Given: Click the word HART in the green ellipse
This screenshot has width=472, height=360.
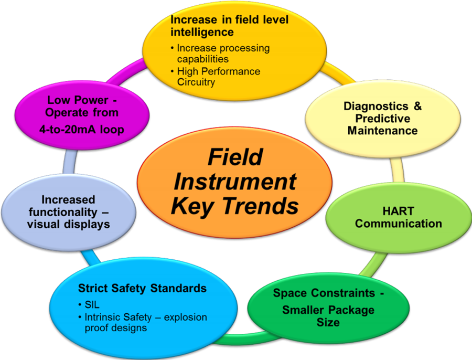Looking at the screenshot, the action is pos(398,211).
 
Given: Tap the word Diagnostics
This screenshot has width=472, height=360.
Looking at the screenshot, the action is pos(376,106).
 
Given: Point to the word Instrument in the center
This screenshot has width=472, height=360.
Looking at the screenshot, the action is pos(235,182).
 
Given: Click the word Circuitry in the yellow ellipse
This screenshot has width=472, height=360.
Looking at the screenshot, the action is pos(196,82).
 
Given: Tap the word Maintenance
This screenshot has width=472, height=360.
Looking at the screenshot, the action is pos(383,131).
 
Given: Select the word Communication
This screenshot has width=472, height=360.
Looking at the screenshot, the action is pos(398,224).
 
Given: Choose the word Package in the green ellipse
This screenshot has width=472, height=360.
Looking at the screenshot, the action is pos(351,310).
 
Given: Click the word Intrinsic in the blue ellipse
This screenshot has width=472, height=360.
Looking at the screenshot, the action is pos(103,317).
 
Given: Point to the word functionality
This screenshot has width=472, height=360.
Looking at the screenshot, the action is pos(63,212).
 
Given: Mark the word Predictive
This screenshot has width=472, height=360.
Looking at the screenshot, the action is pos(383,119).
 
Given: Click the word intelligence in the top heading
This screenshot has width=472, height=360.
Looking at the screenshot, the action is pos(202,32).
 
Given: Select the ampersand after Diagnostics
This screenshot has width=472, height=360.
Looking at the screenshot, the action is pos(417,106).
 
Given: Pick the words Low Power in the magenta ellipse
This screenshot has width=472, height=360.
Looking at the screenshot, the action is pos(78,100).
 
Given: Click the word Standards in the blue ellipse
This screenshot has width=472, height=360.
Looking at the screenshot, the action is pos(178,288).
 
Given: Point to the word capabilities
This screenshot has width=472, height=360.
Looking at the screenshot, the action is pos(202,59).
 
